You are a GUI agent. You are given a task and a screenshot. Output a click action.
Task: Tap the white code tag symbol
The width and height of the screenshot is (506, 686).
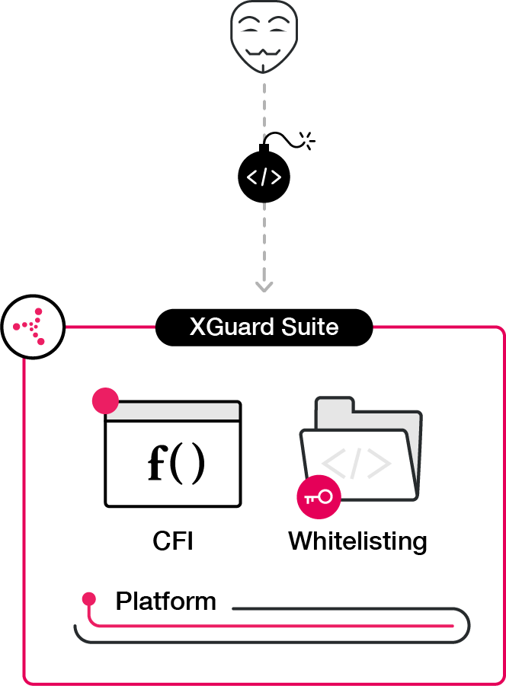[x=264, y=177]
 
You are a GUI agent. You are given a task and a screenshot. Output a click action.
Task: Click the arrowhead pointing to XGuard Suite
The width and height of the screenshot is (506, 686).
[x=264, y=286]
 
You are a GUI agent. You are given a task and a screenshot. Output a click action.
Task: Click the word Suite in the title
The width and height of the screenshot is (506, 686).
[x=309, y=327]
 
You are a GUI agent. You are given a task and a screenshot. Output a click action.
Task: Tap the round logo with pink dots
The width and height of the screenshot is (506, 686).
[x=33, y=329]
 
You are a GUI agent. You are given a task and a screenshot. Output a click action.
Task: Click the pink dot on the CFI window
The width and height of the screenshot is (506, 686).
[x=105, y=400]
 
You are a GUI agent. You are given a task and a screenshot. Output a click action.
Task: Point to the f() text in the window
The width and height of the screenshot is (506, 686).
[x=175, y=464]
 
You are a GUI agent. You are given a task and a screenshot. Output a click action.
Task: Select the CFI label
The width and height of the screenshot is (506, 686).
[x=173, y=541]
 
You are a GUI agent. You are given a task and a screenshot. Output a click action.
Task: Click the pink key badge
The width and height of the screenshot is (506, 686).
[x=319, y=497]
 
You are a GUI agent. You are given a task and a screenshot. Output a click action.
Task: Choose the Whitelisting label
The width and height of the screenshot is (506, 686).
[x=357, y=541]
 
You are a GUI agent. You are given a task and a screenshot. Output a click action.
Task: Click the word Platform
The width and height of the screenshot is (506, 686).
[x=165, y=601]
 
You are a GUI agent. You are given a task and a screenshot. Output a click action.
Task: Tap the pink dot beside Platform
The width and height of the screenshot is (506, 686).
[x=89, y=598]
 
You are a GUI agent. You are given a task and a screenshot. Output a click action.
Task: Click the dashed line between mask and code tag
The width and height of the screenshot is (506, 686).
[x=264, y=107]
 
